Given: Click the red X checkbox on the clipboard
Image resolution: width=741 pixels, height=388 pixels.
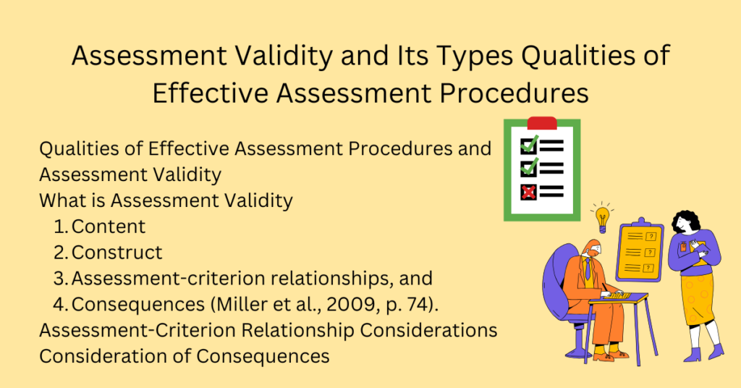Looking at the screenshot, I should pyautogui.click(x=529, y=192).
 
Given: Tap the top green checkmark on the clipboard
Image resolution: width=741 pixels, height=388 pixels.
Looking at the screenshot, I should pyautogui.click(x=529, y=145).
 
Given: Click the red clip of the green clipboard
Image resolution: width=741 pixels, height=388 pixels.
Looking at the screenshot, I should pyautogui.click(x=542, y=123).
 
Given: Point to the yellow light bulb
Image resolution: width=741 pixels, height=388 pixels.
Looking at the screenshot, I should pyautogui.click(x=601, y=215).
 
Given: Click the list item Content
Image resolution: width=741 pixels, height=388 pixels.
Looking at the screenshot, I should pyautogui.click(x=109, y=227).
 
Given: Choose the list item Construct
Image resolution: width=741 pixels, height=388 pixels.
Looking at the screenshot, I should pyautogui.click(x=117, y=252).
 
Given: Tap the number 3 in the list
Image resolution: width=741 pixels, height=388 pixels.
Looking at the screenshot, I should pyautogui.click(x=60, y=278).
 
